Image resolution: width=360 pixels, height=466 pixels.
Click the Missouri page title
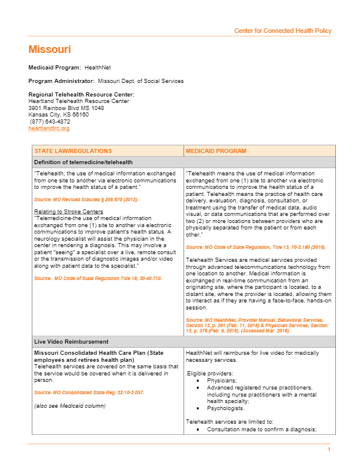click(x=50, y=49)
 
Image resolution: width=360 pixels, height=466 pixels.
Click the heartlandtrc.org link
click(x=49, y=128)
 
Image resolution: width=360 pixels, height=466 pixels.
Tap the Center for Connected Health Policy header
click(x=282, y=31)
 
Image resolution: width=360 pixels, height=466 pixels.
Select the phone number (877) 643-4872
click(x=49, y=122)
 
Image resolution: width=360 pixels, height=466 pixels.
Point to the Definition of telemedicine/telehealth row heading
click(x=83, y=162)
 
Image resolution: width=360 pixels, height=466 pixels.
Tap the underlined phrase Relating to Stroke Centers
click(x=68, y=211)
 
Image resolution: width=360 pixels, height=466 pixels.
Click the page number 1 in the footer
click(x=329, y=450)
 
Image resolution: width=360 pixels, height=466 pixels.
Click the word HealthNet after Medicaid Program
click(x=96, y=68)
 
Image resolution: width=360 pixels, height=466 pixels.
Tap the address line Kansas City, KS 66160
click(x=59, y=115)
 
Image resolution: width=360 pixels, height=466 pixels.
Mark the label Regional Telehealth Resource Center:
click(x=81, y=95)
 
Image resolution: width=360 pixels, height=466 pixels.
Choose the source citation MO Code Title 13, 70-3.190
click(x=255, y=247)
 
